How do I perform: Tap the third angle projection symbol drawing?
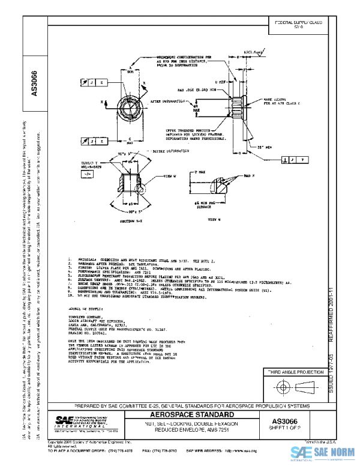point(293,386)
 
